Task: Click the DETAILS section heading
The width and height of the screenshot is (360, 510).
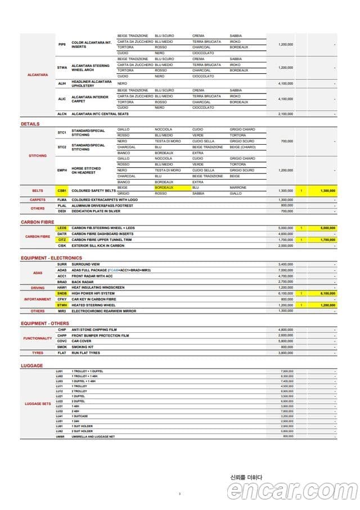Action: click(x=30, y=123)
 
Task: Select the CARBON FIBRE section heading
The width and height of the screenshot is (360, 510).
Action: click(x=37, y=222)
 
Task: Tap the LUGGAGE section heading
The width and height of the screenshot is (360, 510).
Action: click(x=31, y=365)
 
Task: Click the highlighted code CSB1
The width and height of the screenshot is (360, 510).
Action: click(x=62, y=191)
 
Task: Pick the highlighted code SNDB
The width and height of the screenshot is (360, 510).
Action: click(x=62, y=293)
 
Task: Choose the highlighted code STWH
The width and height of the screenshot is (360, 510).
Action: click(x=62, y=305)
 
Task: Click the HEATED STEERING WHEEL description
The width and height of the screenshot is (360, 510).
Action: click(x=93, y=305)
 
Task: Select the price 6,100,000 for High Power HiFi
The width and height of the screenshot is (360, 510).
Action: click(x=286, y=293)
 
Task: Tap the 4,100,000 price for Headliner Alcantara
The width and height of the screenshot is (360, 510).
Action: click(x=286, y=83)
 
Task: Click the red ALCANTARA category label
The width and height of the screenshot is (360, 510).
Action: click(x=38, y=74)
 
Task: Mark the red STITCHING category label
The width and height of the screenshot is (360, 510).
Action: click(x=38, y=155)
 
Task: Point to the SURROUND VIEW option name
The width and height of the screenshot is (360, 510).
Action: click(x=85, y=264)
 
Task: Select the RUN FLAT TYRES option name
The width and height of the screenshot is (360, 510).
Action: click(x=85, y=353)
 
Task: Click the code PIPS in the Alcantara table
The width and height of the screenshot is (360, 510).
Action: click(x=62, y=44)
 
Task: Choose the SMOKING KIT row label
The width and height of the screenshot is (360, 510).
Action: click(x=83, y=347)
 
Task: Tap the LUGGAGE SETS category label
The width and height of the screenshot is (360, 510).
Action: click(x=38, y=404)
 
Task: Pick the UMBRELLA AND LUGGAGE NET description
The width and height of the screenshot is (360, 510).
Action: click(x=93, y=436)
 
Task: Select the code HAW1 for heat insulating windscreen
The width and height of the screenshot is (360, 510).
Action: click(x=62, y=287)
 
